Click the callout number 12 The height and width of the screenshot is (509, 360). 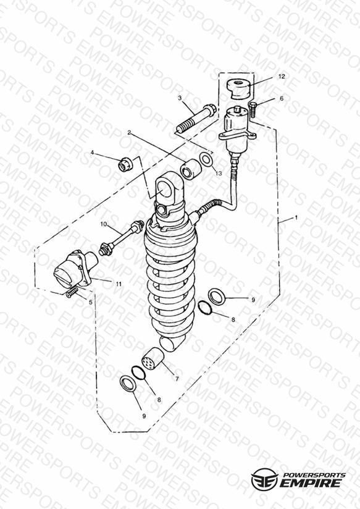[x=282, y=76]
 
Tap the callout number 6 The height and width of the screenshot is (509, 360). [x=282, y=98]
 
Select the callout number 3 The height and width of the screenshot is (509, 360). [x=180, y=98]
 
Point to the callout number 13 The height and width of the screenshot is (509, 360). [x=219, y=174]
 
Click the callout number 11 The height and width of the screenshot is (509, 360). [x=119, y=284]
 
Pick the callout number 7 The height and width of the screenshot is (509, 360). [x=177, y=379]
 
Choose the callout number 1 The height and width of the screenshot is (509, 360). [x=296, y=218]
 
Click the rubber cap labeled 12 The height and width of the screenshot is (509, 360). [x=239, y=88]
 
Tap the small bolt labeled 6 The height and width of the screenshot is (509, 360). [x=253, y=110]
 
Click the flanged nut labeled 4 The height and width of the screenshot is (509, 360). [x=125, y=164]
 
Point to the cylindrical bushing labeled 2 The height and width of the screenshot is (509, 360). [x=191, y=169]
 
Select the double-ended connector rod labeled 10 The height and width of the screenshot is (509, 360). [x=121, y=238]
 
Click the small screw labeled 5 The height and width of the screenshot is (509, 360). [x=72, y=292]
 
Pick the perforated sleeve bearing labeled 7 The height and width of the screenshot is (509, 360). [x=153, y=359]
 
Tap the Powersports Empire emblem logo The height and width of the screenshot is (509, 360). [x=264, y=479]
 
